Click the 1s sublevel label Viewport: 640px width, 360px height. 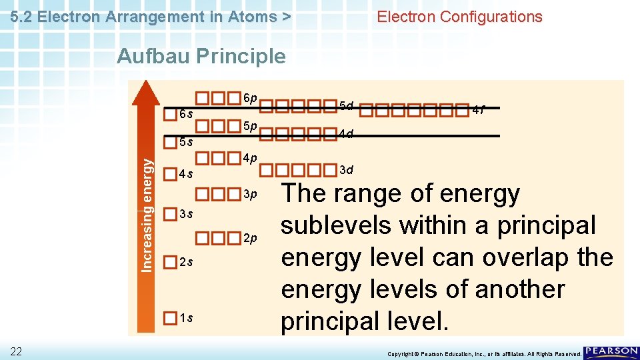(x=187, y=318)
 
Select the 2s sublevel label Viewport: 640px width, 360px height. (x=187, y=262)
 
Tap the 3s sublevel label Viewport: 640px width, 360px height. (x=187, y=214)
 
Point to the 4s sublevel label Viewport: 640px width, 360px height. (x=187, y=175)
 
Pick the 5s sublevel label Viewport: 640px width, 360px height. (x=187, y=142)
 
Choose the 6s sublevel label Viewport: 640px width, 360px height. (x=187, y=114)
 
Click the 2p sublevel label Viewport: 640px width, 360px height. (x=249, y=238)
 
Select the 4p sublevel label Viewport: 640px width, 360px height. (x=249, y=159)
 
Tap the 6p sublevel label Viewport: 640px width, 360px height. (x=249, y=98)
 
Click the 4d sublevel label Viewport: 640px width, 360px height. (x=346, y=134)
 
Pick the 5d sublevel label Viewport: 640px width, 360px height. (x=346, y=106)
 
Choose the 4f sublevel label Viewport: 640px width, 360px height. (x=478, y=110)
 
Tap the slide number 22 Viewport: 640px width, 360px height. (x=16, y=351)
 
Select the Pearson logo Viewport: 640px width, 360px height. (x=611, y=352)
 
